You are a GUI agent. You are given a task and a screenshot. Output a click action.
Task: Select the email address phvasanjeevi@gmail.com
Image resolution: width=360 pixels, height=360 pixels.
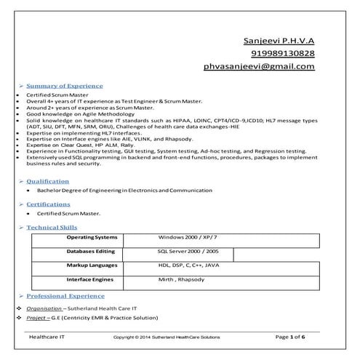[x=259, y=67]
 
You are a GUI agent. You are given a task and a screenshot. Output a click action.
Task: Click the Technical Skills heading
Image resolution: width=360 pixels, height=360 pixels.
[x=53, y=228]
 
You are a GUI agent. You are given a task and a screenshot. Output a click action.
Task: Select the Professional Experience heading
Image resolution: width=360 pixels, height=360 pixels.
[x=65, y=296]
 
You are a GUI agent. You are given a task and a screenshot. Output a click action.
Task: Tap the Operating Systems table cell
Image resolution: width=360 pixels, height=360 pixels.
[x=92, y=238]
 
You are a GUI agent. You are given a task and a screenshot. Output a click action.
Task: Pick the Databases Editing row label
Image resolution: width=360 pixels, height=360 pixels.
[x=91, y=251]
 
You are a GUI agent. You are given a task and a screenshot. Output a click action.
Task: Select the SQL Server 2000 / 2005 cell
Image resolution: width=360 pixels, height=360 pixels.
[x=188, y=251]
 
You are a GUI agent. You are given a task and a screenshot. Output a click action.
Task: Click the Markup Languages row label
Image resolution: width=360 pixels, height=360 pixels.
[x=92, y=265]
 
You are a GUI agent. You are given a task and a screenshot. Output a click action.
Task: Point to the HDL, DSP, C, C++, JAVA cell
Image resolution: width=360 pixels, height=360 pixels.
[x=188, y=265]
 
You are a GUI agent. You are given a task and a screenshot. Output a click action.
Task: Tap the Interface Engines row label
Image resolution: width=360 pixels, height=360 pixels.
[x=90, y=279]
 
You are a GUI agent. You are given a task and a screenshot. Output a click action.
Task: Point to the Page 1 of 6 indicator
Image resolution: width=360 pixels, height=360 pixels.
[x=295, y=337]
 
